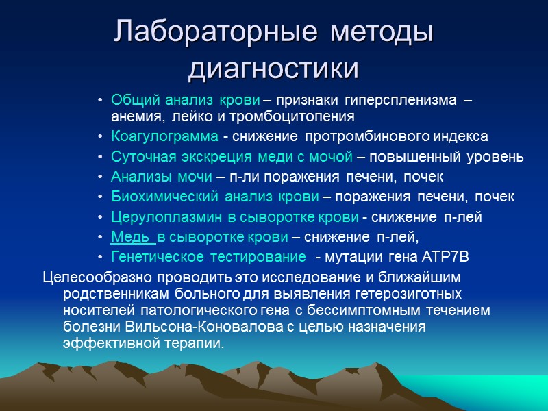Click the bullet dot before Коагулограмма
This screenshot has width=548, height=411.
click(101, 136)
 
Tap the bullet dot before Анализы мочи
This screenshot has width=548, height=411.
click(101, 177)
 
